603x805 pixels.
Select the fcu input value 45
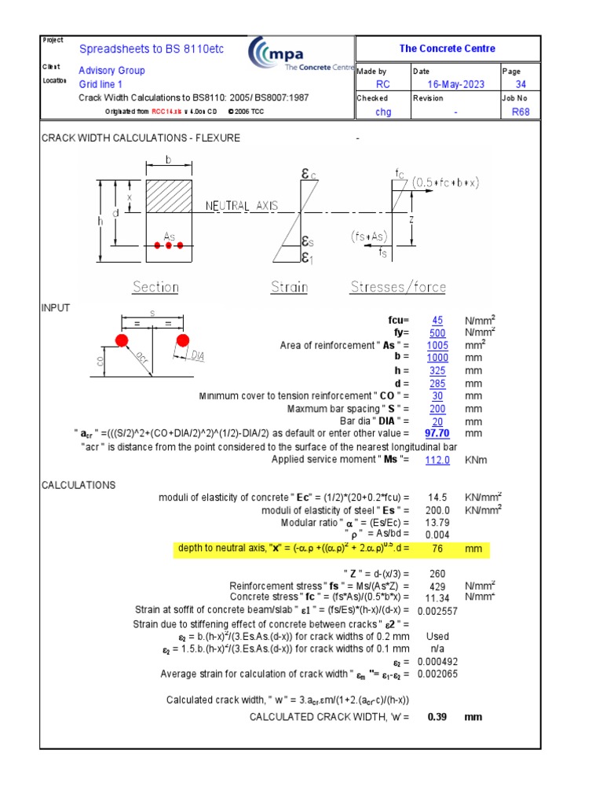point(437,320)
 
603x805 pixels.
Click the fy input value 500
point(437,333)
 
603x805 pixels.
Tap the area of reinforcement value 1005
point(437,345)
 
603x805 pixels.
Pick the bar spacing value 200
point(437,408)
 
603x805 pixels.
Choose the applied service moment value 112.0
point(437,460)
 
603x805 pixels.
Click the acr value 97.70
point(437,433)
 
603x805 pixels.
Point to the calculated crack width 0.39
point(437,717)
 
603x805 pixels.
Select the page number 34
point(521,84)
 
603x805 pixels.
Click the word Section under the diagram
point(155,287)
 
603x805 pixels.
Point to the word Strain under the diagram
point(289,287)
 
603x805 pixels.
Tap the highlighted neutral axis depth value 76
point(437,549)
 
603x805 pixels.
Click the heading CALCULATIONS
point(79,485)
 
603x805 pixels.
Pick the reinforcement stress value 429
point(437,586)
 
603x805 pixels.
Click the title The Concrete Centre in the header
point(447,49)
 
